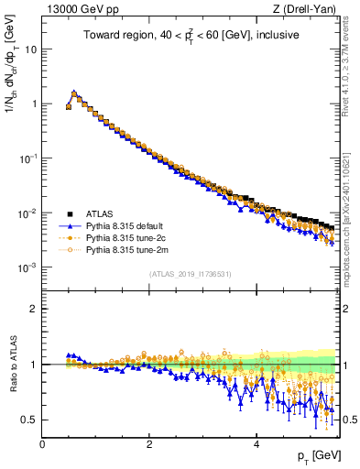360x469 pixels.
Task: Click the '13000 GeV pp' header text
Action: pyautogui.click(x=76, y=8)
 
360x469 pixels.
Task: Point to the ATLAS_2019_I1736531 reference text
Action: pyautogui.click(x=190, y=275)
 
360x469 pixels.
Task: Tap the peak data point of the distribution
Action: pyautogui.click(x=74, y=93)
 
